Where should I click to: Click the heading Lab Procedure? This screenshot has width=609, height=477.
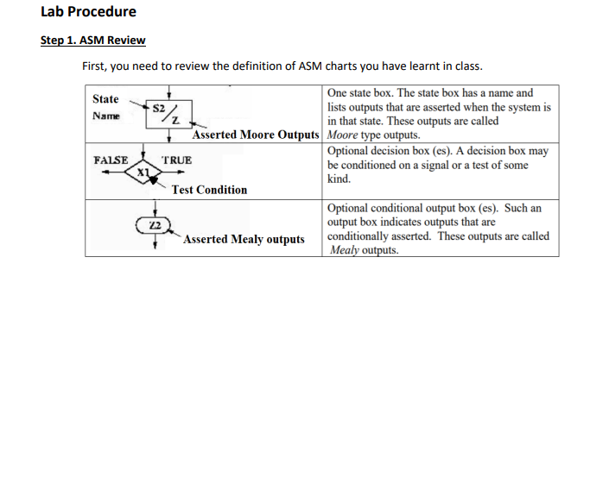88,12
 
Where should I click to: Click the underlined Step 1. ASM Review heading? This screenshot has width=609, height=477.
93,41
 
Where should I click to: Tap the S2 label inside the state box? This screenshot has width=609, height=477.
159,109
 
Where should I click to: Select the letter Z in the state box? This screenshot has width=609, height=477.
175,120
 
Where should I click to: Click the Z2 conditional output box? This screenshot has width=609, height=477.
155,226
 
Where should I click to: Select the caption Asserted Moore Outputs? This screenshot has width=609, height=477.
256,135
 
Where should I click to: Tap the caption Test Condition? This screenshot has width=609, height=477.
209,190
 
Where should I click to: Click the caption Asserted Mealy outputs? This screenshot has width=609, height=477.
244,239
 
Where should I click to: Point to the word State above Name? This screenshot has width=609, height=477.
105,99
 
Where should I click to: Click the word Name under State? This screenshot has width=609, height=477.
106,115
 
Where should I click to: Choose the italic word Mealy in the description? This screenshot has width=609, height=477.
346,250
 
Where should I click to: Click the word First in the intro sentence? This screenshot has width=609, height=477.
95,66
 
